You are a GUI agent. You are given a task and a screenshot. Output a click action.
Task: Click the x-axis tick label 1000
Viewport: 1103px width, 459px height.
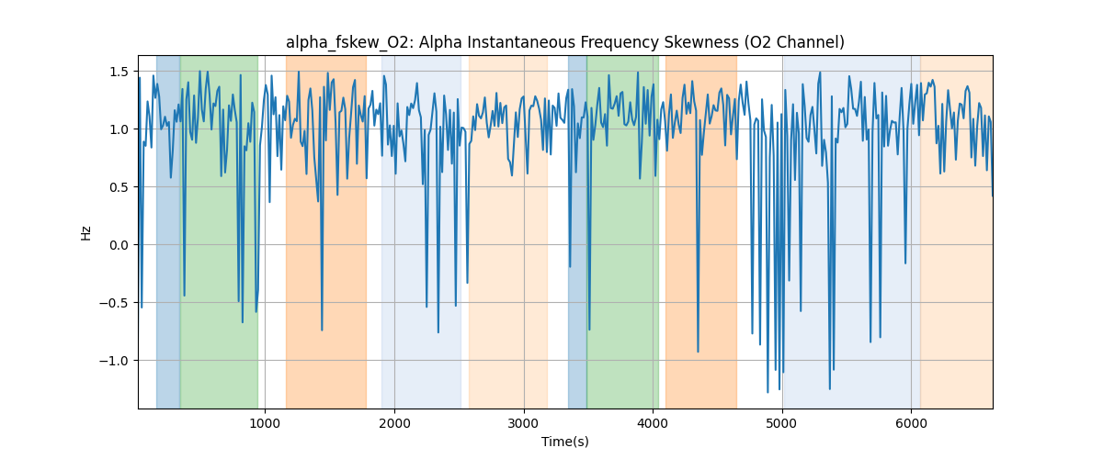(265, 422)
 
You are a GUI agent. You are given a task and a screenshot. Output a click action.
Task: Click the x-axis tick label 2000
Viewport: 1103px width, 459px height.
(394, 422)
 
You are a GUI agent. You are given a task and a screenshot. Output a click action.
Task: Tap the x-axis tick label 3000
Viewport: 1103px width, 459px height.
(524, 422)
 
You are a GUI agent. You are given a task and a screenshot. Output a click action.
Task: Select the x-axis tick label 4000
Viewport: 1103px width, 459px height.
(653, 422)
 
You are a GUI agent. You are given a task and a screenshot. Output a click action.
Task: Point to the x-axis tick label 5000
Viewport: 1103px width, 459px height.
(782, 422)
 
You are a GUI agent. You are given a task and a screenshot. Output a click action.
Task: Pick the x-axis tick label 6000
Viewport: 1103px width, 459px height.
(911, 422)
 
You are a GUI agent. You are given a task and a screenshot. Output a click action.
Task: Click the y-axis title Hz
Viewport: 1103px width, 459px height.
(86, 232)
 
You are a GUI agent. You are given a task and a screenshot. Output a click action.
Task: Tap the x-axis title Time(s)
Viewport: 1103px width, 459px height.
(565, 442)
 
